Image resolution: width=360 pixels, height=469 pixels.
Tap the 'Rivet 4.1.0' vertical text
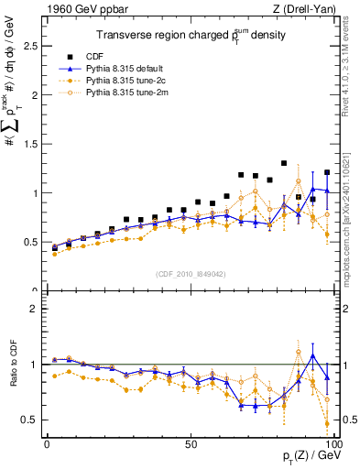click(x=353, y=60)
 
